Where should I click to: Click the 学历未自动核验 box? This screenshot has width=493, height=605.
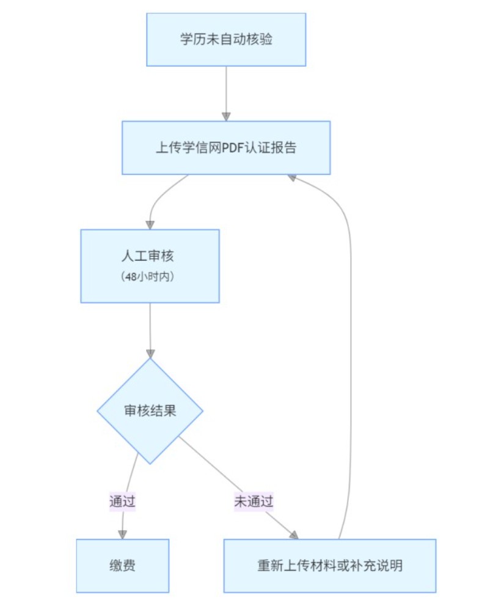226,40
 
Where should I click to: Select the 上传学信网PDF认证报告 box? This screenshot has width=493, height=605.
226,147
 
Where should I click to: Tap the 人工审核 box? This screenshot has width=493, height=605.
150,257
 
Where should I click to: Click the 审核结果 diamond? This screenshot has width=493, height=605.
150,410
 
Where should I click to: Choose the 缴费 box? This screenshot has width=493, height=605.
122,565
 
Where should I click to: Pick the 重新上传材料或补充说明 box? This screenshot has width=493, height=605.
329,565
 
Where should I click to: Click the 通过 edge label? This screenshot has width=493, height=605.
122,502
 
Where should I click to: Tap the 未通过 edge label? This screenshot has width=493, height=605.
254,502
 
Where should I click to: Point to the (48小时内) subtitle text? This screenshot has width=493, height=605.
150,277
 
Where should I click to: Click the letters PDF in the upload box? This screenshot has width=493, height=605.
233,147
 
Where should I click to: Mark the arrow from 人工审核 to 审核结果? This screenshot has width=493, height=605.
150,327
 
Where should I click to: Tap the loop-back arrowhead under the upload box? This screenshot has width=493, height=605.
292,177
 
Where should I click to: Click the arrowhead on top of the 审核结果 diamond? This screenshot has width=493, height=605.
150,354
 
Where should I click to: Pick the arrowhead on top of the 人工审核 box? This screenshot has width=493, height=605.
150,225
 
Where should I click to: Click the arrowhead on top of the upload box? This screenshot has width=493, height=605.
226,116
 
